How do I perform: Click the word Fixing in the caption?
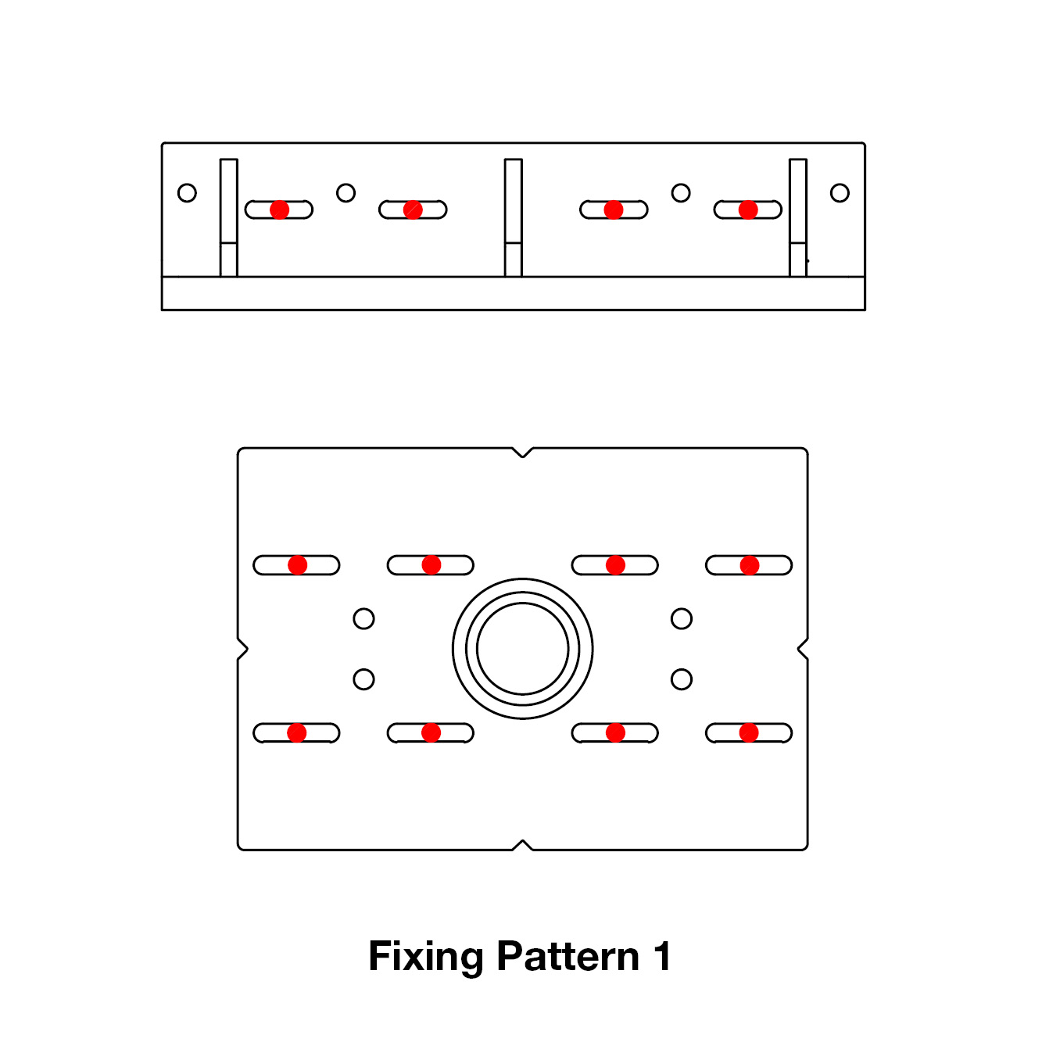click(425, 957)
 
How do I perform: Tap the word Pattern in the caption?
click(568, 957)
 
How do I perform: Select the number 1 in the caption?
click(662, 957)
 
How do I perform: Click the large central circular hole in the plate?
click(522, 648)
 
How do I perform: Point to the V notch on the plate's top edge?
click(522, 453)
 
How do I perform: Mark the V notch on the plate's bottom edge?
click(522, 845)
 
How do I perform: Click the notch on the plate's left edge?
click(242, 649)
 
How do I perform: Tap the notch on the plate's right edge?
click(803, 649)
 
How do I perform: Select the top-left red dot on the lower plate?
click(297, 565)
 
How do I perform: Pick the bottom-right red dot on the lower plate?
click(749, 732)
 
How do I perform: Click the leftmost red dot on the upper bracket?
click(279, 209)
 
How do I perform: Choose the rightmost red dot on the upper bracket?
click(748, 209)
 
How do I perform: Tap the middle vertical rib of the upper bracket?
click(513, 217)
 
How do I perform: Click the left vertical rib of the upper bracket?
click(228, 217)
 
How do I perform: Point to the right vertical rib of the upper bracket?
click(797, 217)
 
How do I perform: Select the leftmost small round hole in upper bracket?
click(187, 193)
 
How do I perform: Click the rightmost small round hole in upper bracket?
click(840, 193)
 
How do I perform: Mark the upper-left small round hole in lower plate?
click(363, 619)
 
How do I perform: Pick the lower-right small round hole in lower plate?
click(682, 679)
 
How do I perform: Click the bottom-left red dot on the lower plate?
click(297, 732)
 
